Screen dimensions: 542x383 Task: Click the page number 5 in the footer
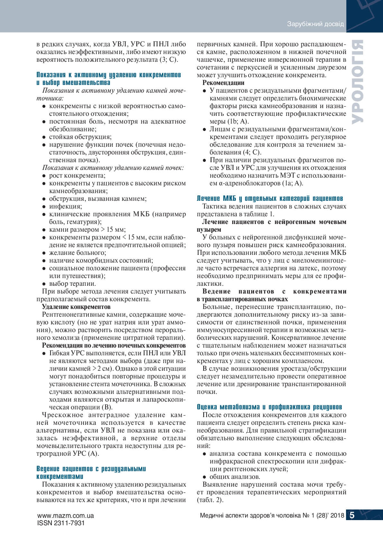tap(352, 515)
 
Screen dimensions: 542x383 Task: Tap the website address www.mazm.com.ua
tap(66, 515)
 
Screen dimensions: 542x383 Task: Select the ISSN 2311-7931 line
tap(61, 523)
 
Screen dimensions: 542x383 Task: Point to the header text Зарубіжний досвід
tap(315, 24)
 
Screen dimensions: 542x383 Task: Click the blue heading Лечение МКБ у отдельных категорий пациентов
tap(270, 198)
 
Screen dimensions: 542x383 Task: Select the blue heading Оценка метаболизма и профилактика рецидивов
tap(269, 407)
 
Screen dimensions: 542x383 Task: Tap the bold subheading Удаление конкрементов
tap(76, 307)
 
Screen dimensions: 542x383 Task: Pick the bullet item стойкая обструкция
tap(80, 137)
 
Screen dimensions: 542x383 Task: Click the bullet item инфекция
tap(65, 206)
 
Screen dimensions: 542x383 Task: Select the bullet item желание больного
tap(78, 253)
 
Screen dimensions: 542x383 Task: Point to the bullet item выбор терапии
tap(72, 284)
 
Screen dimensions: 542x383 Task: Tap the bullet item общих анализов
tap(235, 477)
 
